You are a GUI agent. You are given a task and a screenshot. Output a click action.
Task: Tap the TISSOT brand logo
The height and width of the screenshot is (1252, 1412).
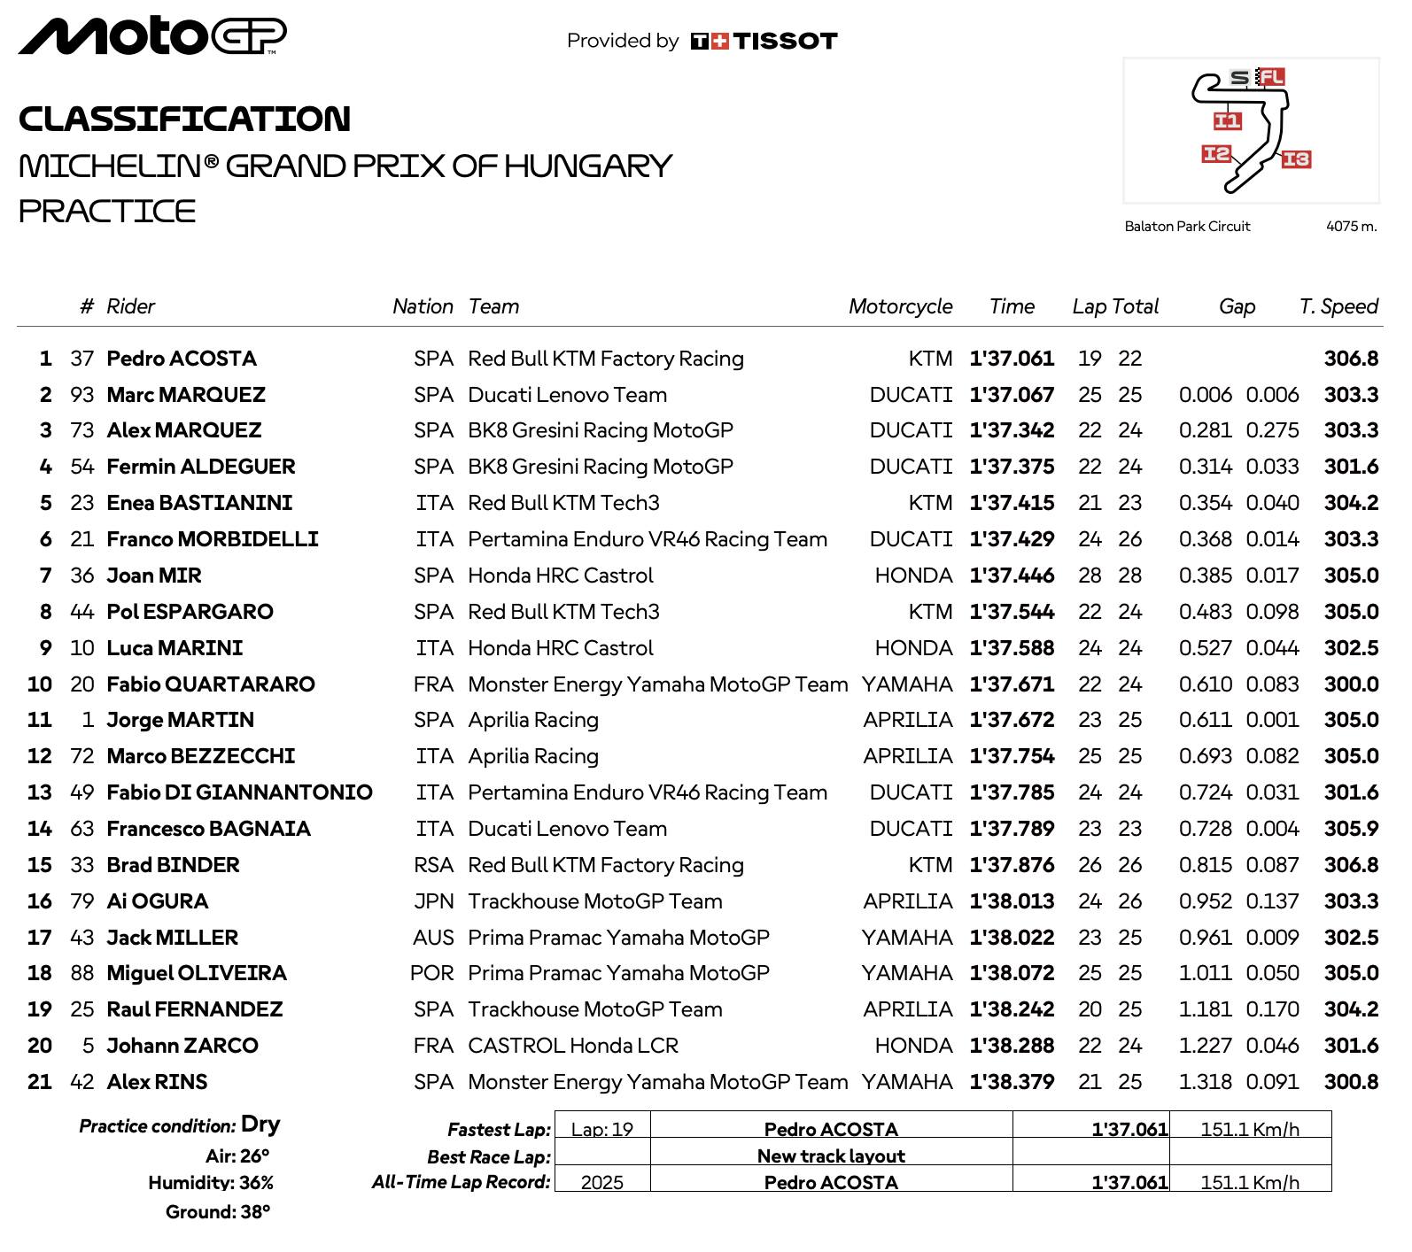tap(764, 41)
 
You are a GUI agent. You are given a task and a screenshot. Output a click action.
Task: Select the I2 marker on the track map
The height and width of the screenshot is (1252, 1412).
tap(1216, 154)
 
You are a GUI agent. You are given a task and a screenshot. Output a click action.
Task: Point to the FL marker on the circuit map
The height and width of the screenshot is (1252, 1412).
tap(1271, 77)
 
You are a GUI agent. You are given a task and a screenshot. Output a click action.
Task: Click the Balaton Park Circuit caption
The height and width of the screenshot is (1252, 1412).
tap(1187, 227)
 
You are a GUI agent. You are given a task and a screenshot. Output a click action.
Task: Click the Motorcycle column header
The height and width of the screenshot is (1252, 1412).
tap(900, 306)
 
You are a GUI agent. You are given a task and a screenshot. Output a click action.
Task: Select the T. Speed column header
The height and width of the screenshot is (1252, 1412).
tap(1338, 306)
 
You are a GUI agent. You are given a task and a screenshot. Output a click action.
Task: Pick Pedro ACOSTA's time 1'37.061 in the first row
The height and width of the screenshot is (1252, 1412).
tap(1012, 359)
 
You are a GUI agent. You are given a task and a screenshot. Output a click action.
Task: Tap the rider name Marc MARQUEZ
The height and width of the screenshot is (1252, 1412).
tap(186, 395)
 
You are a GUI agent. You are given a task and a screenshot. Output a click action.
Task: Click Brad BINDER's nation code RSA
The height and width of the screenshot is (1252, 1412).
tap(433, 865)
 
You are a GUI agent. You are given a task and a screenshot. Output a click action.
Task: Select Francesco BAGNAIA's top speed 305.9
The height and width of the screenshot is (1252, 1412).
tap(1351, 829)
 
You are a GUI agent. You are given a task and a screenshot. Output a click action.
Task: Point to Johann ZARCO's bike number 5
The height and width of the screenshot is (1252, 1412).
tap(88, 1046)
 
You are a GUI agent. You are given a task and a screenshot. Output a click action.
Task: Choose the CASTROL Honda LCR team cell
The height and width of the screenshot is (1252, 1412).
tap(573, 1046)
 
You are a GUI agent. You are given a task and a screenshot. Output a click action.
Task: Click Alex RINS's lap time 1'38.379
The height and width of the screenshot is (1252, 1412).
tap(1012, 1082)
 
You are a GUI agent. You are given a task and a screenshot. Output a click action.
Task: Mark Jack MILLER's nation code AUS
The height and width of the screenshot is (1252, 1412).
tap(433, 938)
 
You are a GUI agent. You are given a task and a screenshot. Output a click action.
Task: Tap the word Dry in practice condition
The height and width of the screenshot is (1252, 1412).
tap(260, 1124)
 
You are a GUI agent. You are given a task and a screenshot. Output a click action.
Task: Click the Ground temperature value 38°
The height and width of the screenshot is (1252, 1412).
tap(255, 1211)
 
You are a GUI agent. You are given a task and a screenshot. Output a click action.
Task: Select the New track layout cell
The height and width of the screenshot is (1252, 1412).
tap(831, 1155)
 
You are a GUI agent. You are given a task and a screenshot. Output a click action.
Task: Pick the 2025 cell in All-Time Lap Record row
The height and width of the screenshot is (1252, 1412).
tap(602, 1183)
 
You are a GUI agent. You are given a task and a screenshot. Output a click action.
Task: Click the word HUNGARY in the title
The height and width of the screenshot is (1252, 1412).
tap(588, 166)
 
